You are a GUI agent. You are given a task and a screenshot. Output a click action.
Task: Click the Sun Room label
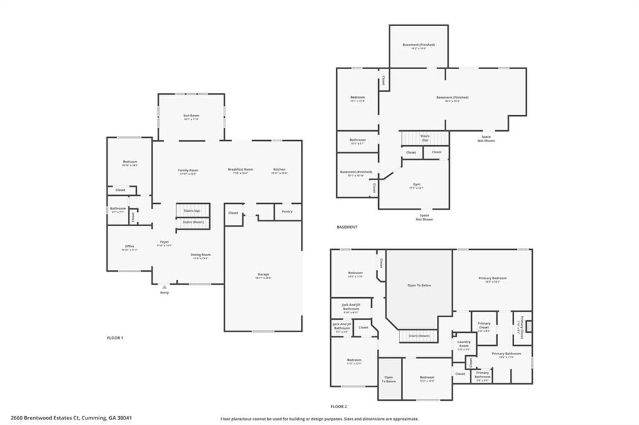pos(190,116)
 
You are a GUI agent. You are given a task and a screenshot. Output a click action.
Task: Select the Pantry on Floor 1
pos(286,212)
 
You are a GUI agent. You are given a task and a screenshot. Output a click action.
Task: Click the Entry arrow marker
pos(164,287)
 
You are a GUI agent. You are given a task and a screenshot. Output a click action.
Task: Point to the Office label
pos(129,246)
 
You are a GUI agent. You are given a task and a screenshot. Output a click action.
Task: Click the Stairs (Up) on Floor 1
pos(192,211)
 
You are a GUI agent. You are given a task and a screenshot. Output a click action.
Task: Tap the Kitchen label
pos(279,170)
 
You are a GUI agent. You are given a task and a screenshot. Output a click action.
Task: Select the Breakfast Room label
pos(240,170)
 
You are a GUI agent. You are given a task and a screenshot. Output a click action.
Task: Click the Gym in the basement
pos(416,184)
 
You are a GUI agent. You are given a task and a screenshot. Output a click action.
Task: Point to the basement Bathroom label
pos(358,140)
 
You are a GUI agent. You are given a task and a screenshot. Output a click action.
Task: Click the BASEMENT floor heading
pos(347,227)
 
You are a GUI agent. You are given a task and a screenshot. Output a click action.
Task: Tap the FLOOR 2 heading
pos(339,406)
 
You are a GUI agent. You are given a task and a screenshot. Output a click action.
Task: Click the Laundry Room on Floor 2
pos(464,343)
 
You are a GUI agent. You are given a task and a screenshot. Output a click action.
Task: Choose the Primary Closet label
pos(484,325)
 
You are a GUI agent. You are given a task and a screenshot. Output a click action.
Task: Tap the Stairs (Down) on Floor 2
pos(418,336)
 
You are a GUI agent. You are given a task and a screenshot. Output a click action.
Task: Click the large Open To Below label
pos(419,285)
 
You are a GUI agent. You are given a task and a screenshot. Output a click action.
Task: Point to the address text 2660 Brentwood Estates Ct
pos(71,418)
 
